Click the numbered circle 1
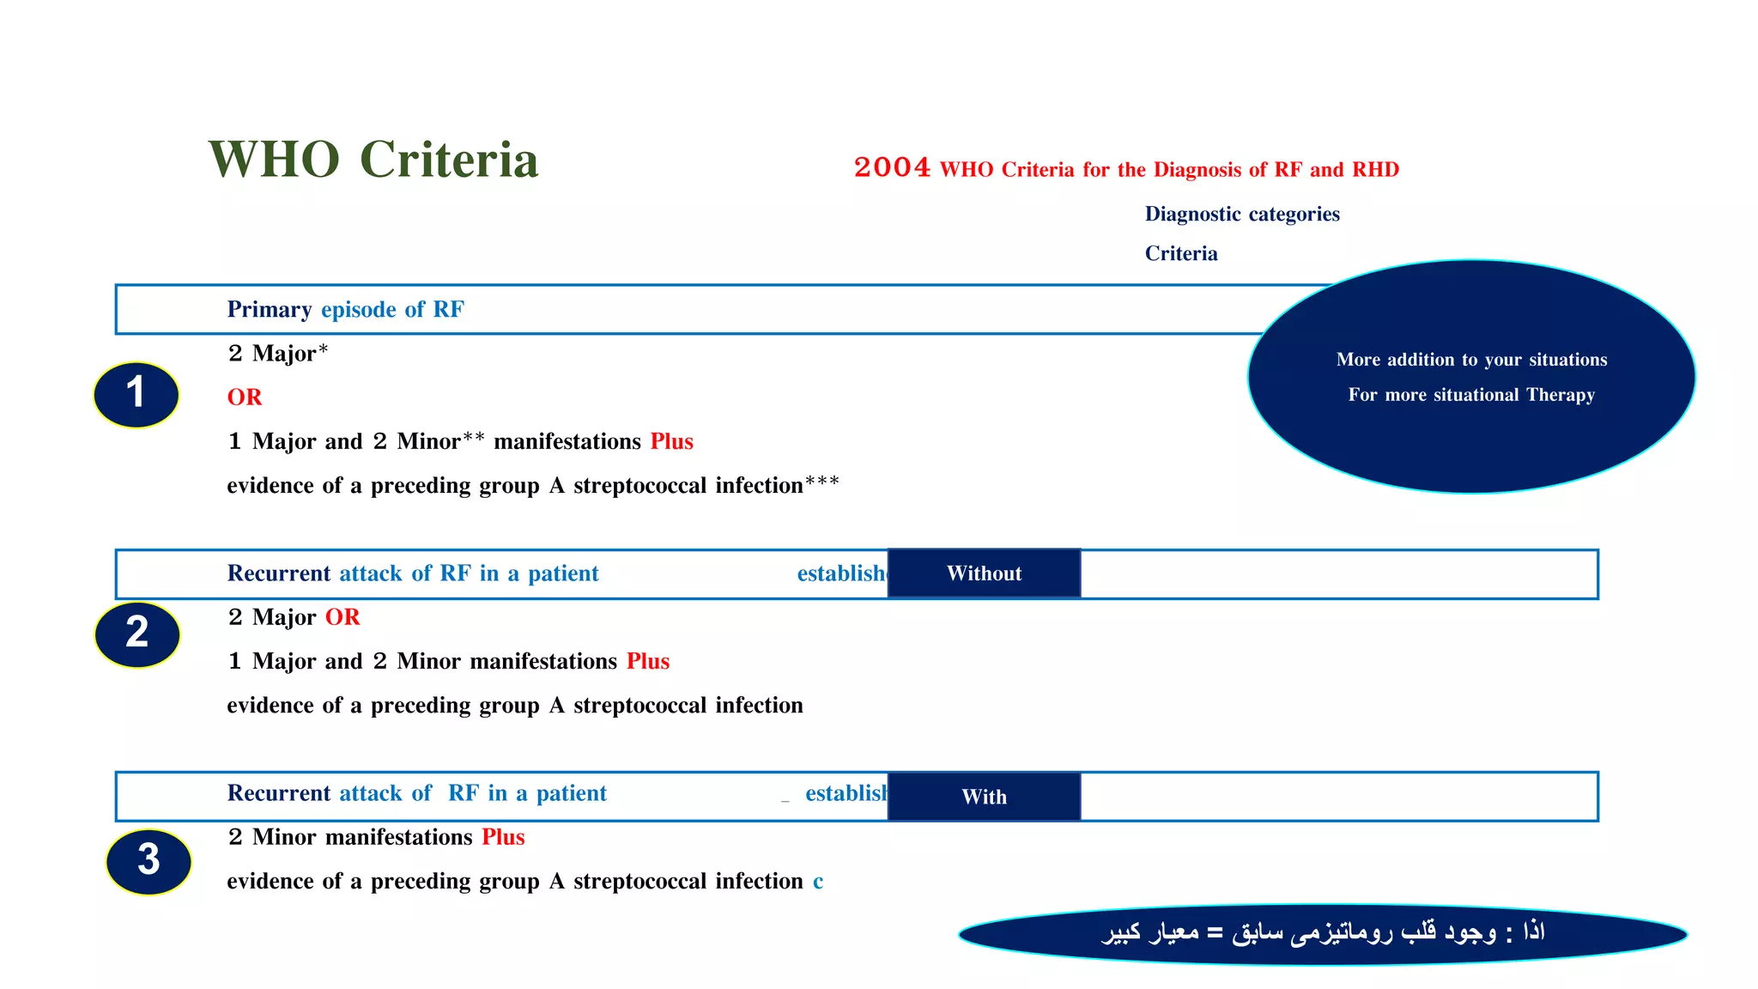pyautogui.click(x=136, y=394)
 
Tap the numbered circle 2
pyautogui.click(x=137, y=634)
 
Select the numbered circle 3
pyautogui.click(x=149, y=860)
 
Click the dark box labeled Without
pyautogui.click(x=984, y=573)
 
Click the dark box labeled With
pyautogui.click(x=984, y=797)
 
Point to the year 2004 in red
pyautogui.click(x=892, y=167)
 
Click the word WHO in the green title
pyautogui.click(x=274, y=160)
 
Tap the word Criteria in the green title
pyautogui.click(x=449, y=160)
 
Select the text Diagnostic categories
pyautogui.click(x=1241, y=214)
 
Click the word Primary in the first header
pyautogui.click(x=269, y=309)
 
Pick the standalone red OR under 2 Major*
pyautogui.click(x=245, y=397)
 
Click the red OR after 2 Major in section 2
pyautogui.click(x=343, y=617)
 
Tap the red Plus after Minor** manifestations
pyautogui.click(x=671, y=441)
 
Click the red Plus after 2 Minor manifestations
pyautogui.click(x=503, y=837)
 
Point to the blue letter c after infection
pyautogui.click(x=818, y=883)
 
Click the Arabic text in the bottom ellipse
pyautogui.click(x=1322, y=933)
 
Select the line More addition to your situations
pyautogui.click(x=1471, y=360)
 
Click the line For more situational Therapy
pyautogui.click(x=1471, y=395)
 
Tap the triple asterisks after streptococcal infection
pyautogui.click(x=822, y=482)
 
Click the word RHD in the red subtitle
pyautogui.click(x=1375, y=169)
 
